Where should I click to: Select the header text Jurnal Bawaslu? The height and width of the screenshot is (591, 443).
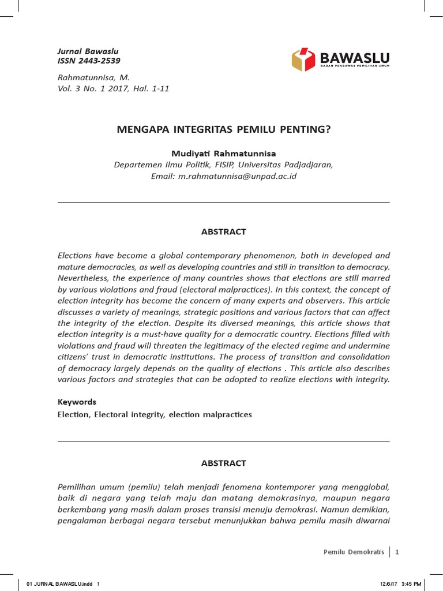tap(88, 51)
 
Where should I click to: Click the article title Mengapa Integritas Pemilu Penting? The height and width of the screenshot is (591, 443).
tap(224, 129)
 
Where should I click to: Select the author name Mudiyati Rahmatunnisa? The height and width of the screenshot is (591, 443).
tap(224, 154)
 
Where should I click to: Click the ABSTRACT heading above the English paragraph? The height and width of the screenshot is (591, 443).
tap(224, 231)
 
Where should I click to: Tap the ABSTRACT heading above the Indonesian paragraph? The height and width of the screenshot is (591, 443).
tap(224, 463)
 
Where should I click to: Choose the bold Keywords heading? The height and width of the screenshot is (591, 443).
tap(77, 402)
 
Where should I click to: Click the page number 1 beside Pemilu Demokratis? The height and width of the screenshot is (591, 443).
tap(397, 552)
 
